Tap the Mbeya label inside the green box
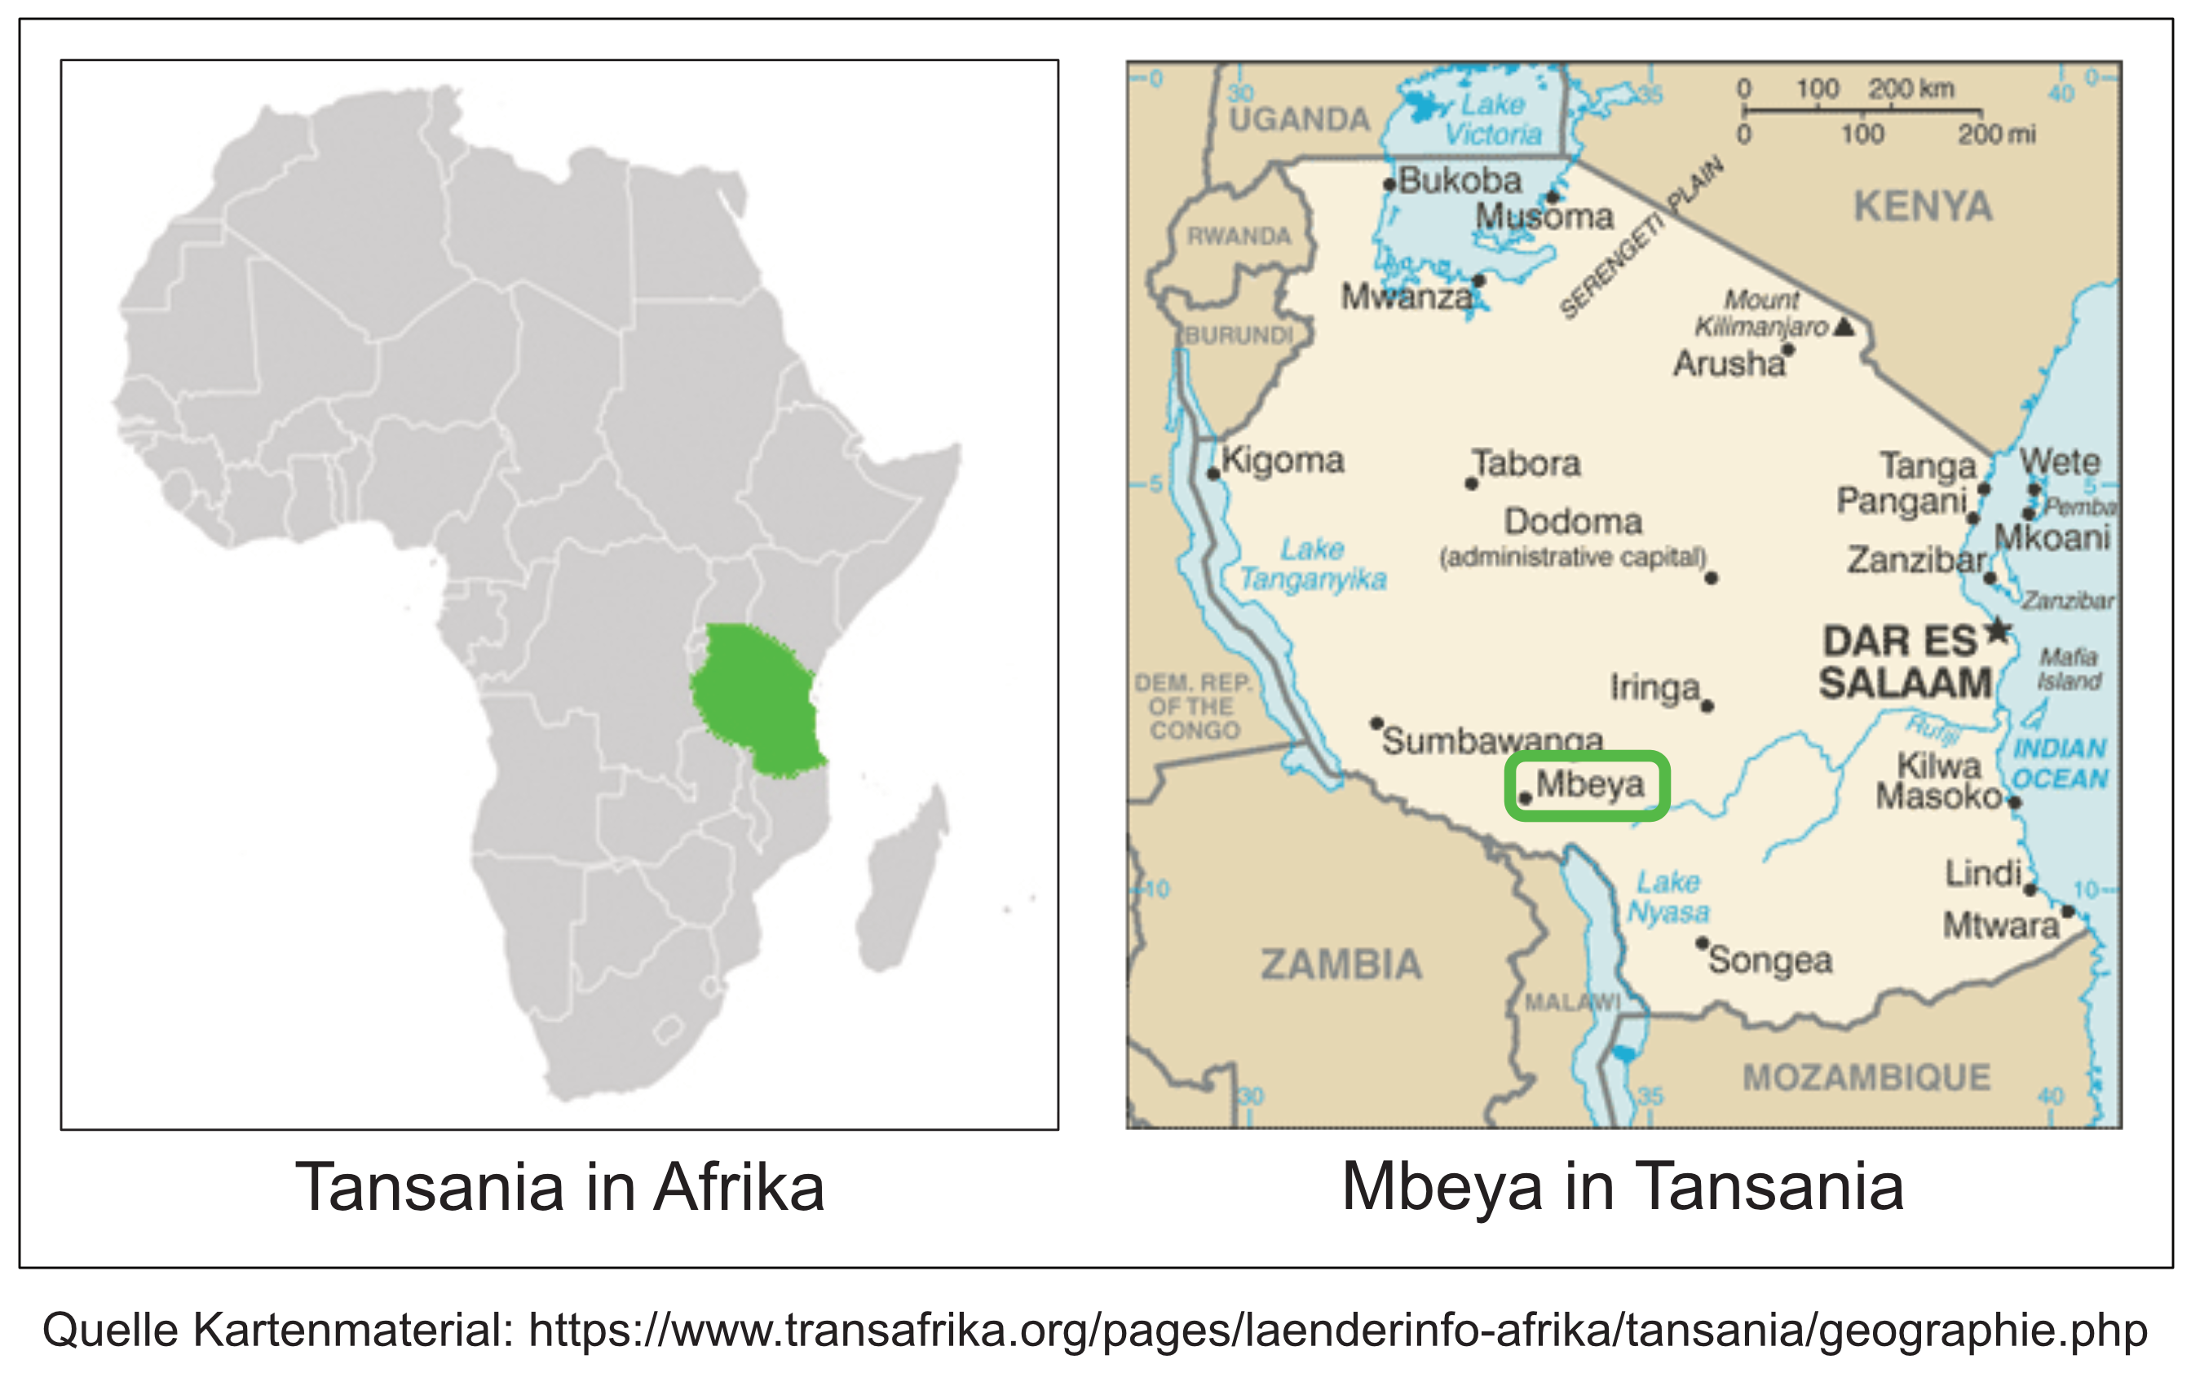click(1589, 784)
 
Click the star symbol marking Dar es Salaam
click(1997, 629)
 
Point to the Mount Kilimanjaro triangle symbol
click(1844, 326)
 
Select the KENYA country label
click(1923, 207)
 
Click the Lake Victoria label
click(1492, 119)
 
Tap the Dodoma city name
click(1572, 523)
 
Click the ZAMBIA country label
click(1341, 964)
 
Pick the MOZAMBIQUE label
click(1866, 1078)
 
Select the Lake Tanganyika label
click(1312, 564)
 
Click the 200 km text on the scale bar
click(1910, 89)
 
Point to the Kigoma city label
click(1282, 461)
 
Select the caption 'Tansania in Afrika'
click(559, 1188)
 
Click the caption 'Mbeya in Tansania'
click(1623, 1188)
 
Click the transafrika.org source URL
click(1337, 1330)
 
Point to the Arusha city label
click(1728, 364)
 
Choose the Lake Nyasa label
click(1668, 896)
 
